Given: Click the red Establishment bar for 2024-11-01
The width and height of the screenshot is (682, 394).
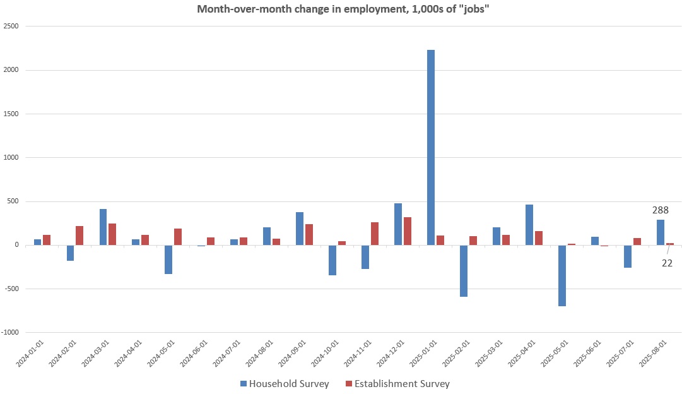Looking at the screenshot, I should click(375, 234).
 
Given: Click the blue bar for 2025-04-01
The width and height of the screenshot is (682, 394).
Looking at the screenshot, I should click(529, 225).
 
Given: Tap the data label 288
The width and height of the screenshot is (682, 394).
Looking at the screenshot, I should click(661, 210).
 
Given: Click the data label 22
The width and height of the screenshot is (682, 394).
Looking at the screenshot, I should click(667, 263).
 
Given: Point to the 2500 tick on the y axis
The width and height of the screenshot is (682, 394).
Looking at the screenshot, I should click(11, 27).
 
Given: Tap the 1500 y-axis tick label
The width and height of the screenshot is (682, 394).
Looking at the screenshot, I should click(11, 114).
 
